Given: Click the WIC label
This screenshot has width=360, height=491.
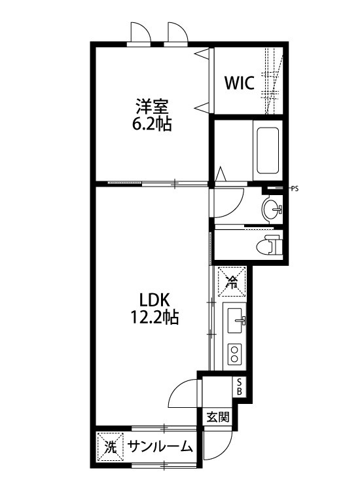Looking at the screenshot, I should [x=240, y=83].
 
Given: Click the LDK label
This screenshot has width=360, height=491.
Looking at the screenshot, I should [x=154, y=300].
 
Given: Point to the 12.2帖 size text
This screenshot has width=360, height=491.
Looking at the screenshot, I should [x=154, y=319].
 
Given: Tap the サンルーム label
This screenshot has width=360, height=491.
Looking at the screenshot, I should [x=160, y=448].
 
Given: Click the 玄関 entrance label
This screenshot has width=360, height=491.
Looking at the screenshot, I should [x=218, y=417].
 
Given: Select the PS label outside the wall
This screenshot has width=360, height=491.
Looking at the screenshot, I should [x=295, y=189].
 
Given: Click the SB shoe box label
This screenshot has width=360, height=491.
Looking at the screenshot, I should [x=240, y=387].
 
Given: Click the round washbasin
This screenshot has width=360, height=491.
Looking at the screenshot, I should [x=270, y=210].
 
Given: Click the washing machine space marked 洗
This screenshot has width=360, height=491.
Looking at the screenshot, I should [x=110, y=448].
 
